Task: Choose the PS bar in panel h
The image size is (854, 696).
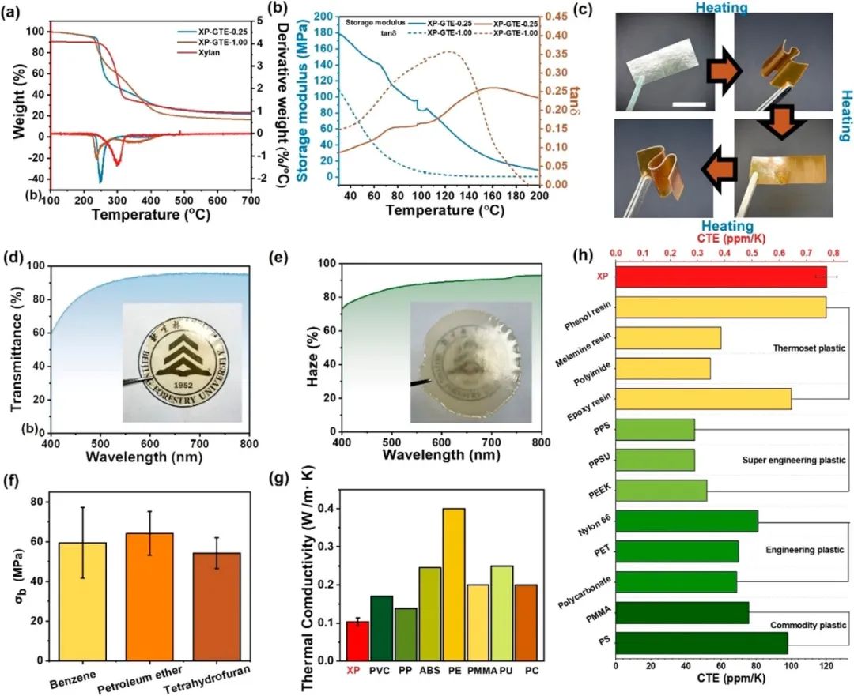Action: [701, 643]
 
